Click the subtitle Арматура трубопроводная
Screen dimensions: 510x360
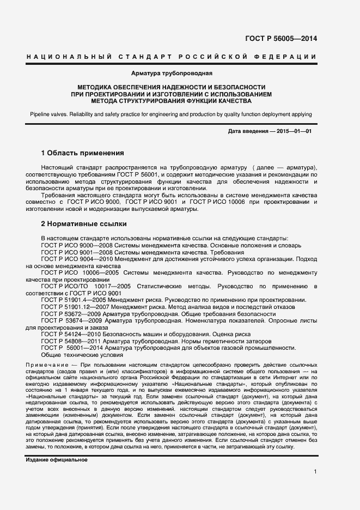pos(172,73)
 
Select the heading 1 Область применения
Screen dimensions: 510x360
pos(83,153)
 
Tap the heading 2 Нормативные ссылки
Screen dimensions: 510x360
pos(84,223)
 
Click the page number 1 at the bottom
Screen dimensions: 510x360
pos(315,472)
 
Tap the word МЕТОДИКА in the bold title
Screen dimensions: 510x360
pos(97,87)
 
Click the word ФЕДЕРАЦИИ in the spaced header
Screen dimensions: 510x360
pos(288,57)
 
